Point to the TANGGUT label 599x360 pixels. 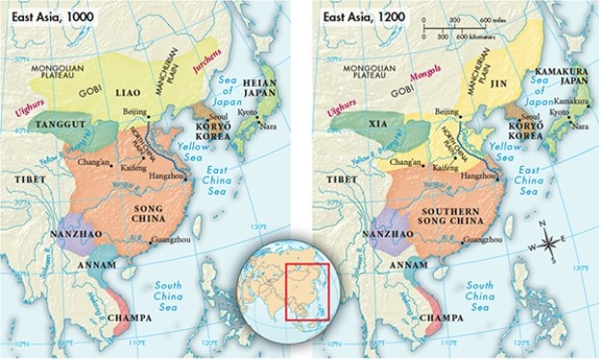click(x=54, y=125)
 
